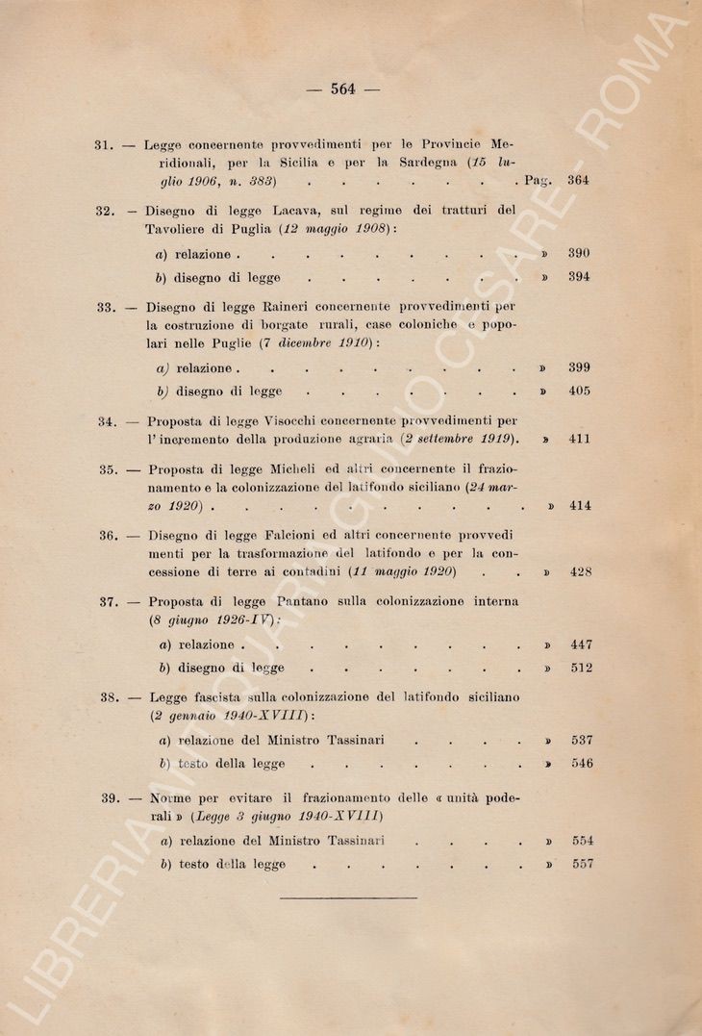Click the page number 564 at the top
(x=343, y=89)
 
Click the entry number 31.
(x=105, y=145)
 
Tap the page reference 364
(x=578, y=180)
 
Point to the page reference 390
(x=578, y=254)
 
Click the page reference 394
(x=578, y=278)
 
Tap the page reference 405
(x=579, y=392)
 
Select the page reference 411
(x=579, y=440)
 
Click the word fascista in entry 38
(x=224, y=697)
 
